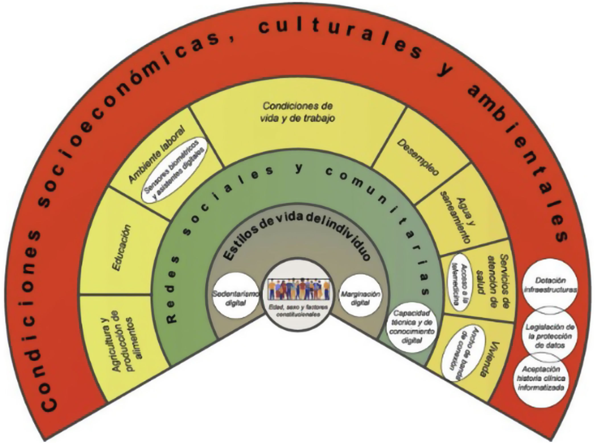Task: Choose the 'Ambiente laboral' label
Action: [157, 154]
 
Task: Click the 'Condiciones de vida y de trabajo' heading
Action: [297, 112]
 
